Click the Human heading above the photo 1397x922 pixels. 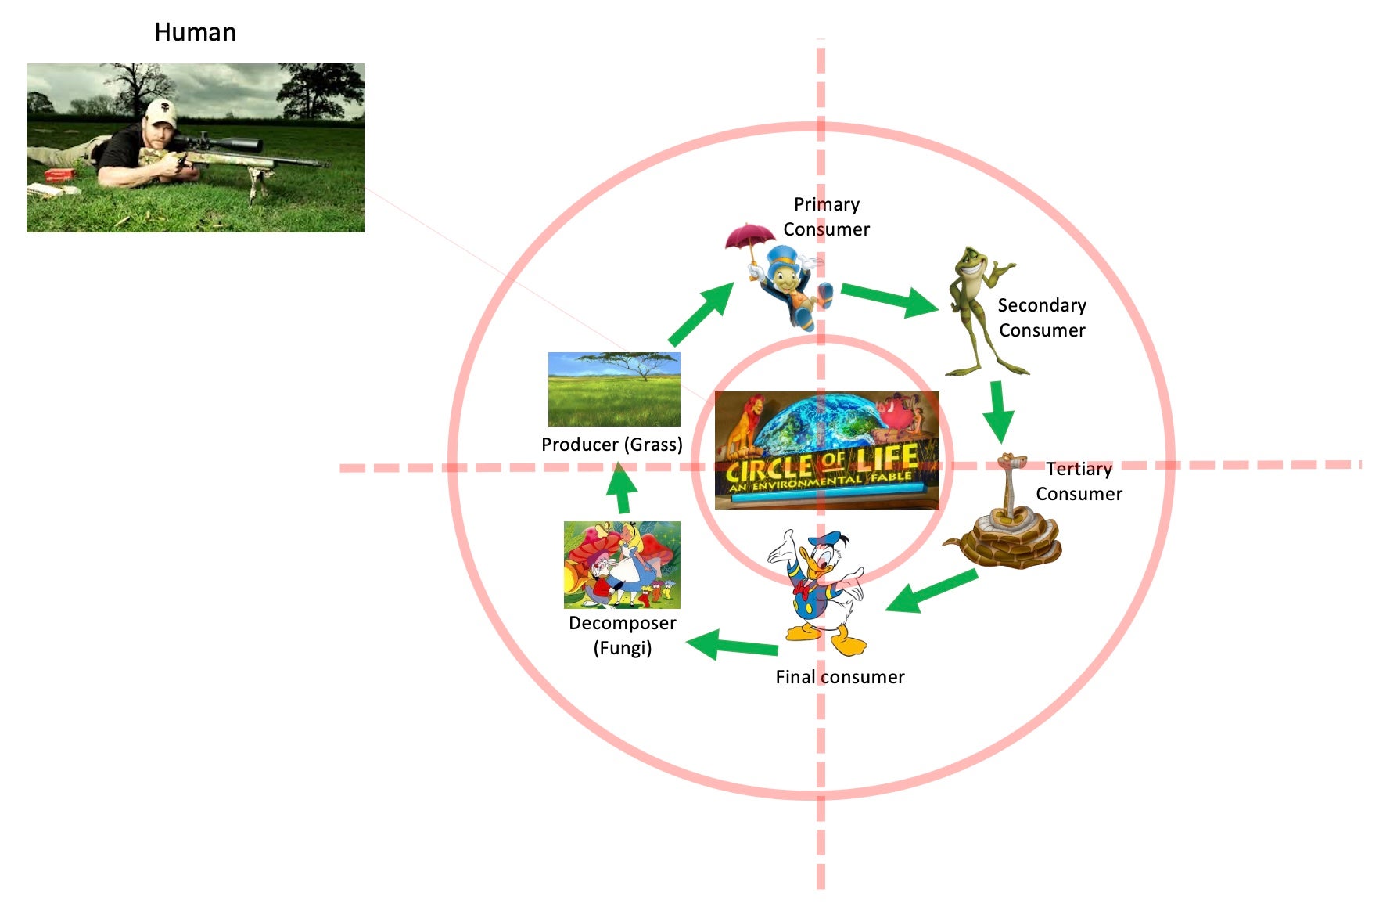click(x=195, y=32)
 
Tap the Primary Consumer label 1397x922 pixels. click(x=826, y=217)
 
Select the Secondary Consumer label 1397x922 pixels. click(x=1042, y=318)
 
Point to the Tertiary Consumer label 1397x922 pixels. click(x=1079, y=481)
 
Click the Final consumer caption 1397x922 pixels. click(x=839, y=677)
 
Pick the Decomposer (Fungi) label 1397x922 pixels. click(x=622, y=636)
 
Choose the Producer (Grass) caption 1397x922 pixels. click(x=612, y=445)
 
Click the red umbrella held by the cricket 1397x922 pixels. click(x=749, y=237)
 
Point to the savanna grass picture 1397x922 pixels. click(x=614, y=389)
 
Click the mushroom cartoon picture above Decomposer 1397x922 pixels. click(x=622, y=564)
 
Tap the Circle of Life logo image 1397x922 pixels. click(x=827, y=450)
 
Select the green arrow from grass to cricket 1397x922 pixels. click(x=701, y=315)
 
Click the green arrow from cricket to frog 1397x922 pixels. click(x=890, y=299)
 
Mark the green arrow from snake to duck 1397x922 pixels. click(x=932, y=592)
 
